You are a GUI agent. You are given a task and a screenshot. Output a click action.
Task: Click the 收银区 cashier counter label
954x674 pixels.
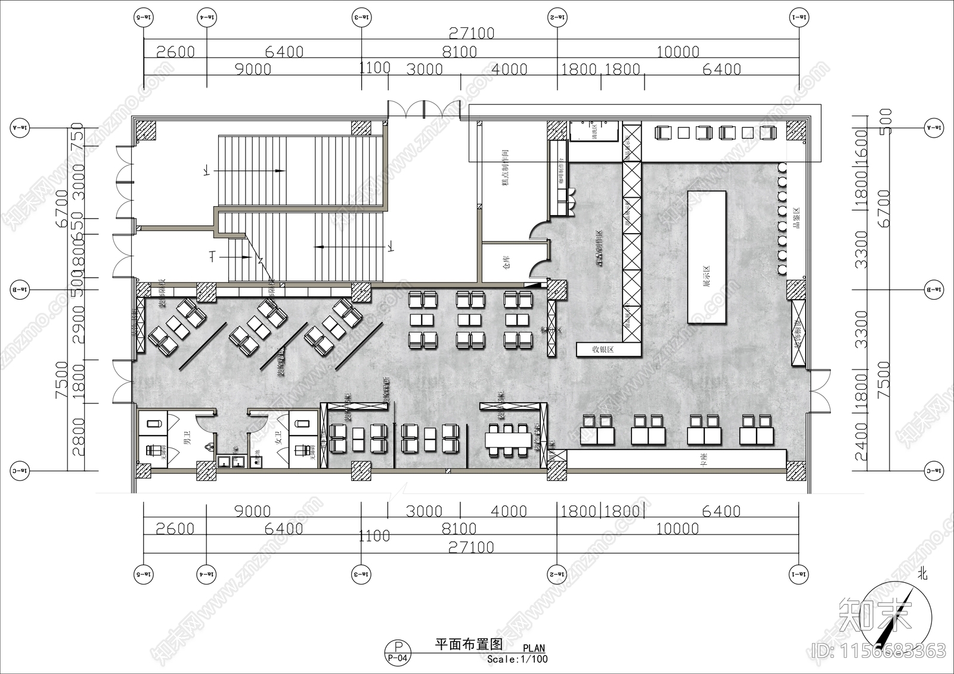(603, 350)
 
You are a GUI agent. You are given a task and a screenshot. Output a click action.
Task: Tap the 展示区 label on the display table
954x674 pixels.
(707, 277)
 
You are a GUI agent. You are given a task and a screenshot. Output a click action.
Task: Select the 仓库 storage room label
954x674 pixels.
(506, 262)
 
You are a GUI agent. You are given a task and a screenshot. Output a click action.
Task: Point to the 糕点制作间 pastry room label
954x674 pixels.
(506, 169)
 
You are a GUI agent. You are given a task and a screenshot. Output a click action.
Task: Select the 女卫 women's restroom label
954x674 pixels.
(278, 442)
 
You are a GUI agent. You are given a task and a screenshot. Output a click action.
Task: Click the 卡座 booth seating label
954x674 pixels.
(704, 459)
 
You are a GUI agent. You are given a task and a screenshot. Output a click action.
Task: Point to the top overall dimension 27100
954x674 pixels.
(470, 33)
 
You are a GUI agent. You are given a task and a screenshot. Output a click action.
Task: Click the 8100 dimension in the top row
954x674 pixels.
(459, 52)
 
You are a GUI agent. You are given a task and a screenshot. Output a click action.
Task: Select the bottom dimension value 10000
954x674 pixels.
(677, 529)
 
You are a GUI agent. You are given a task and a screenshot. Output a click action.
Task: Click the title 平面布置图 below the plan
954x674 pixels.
(469, 644)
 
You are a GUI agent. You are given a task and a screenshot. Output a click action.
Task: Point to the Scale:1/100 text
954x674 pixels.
(517, 659)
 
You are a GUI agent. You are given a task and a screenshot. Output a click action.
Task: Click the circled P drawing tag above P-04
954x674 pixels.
(398, 647)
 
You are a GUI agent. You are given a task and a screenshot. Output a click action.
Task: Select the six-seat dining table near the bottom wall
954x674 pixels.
(508, 440)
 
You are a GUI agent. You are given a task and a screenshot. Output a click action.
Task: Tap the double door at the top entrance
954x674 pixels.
(424, 110)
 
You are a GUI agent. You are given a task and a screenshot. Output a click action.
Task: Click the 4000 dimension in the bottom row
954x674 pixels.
(509, 511)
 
